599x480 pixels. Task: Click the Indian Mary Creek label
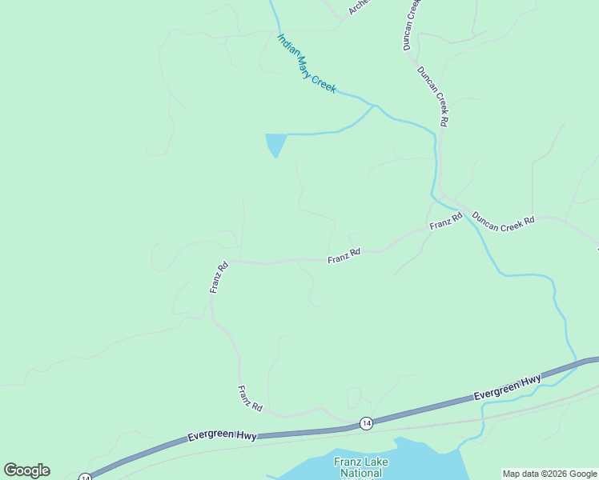[306, 63]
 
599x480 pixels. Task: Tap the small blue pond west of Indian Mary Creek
[275, 144]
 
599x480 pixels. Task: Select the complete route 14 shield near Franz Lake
[366, 422]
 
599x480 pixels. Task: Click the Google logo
[26, 470]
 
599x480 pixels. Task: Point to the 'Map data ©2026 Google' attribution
[549, 474]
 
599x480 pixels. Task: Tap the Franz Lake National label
[358, 467]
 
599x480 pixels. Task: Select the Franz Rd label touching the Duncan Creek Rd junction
[446, 222]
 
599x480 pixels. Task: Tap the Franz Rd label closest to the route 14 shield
[250, 398]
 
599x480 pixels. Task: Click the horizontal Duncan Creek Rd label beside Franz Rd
[503, 222]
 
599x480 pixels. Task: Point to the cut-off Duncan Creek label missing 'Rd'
[412, 24]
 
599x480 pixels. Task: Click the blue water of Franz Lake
[424, 460]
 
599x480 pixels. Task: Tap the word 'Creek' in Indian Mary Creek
[324, 82]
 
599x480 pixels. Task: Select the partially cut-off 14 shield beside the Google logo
[85, 477]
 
